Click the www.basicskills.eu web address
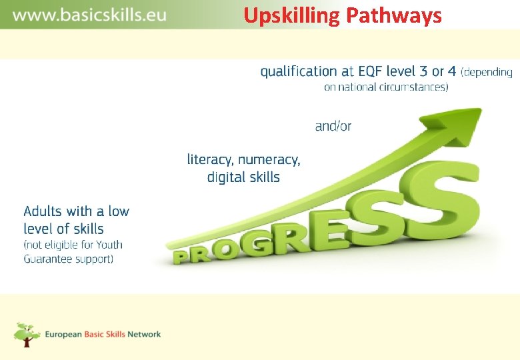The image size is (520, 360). point(89,15)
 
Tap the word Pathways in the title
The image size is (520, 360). point(393,15)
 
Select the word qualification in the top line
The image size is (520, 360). point(299,71)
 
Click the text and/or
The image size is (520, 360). point(333,126)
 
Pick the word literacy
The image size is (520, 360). point(210,159)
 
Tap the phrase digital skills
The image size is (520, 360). point(243,177)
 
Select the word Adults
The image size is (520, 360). point(43,211)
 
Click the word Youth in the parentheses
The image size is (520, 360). point(109,244)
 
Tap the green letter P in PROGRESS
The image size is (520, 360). point(181,255)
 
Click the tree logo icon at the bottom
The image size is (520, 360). point(27,334)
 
